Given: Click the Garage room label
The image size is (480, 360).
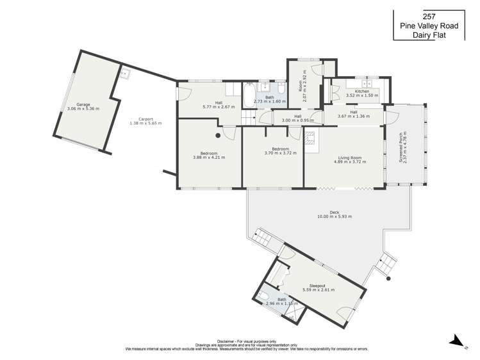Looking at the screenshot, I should [x=83, y=104].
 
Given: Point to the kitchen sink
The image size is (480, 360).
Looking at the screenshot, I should [x=368, y=85].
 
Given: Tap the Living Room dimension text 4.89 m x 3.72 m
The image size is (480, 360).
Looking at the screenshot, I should [x=349, y=162].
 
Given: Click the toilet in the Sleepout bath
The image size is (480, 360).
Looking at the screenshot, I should [x=265, y=295].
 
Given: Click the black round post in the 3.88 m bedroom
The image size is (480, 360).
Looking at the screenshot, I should [x=218, y=136].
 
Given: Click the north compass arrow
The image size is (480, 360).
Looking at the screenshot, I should [x=454, y=341].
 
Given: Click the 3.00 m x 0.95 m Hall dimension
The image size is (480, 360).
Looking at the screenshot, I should [x=297, y=120].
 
